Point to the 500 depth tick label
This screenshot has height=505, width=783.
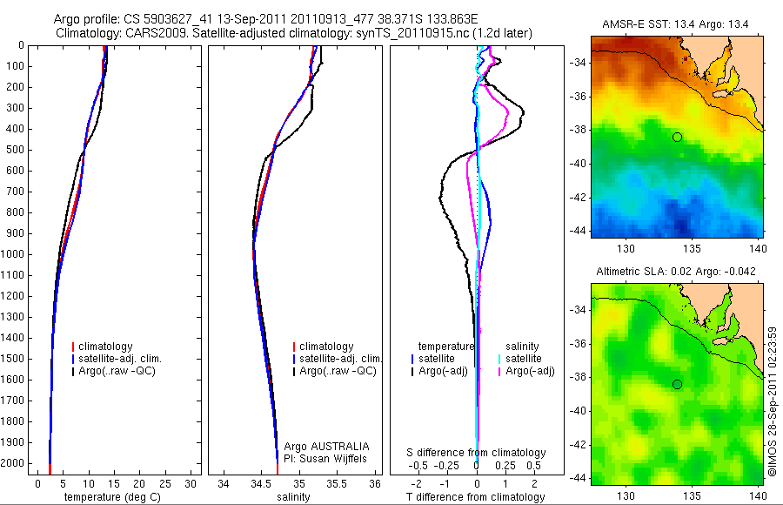(16, 150)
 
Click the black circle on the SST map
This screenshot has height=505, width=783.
(677, 137)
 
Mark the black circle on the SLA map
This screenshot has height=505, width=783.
(677, 384)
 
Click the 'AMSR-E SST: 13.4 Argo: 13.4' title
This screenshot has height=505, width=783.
(674, 27)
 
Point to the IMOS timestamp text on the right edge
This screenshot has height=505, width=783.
(773, 401)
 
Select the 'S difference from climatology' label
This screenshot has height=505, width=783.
(477, 453)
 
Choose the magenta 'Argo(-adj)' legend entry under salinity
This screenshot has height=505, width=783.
(531, 371)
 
